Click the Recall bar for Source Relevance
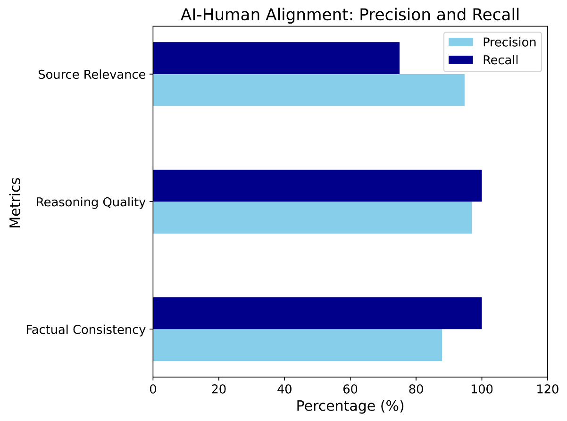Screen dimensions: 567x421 pyautogui.click(x=276, y=58)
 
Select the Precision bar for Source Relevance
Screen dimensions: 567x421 pyautogui.click(x=309, y=90)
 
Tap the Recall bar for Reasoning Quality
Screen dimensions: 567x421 pyautogui.click(x=317, y=185)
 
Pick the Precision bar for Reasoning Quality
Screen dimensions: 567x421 pyautogui.click(x=312, y=218)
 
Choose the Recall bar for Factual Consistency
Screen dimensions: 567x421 pyautogui.click(x=317, y=313)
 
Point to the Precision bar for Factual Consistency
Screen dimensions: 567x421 pyautogui.click(x=298, y=345)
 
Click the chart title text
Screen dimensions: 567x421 pyautogui.click(x=350, y=15)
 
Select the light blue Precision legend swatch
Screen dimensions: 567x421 pyautogui.click(x=461, y=42)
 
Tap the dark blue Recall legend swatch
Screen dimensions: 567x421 pyautogui.click(x=461, y=60)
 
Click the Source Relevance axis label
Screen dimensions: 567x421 pyautogui.click(x=92, y=75)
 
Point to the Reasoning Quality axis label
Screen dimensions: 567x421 pyautogui.click(x=91, y=202)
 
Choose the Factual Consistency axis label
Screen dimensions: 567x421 pyautogui.click(x=86, y=330)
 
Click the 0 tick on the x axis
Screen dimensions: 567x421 pyautogui.click(x=153, y=389)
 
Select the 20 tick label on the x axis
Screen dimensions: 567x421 pyautogui.click(x=219, y=389)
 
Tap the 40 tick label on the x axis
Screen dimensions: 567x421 pyautogui.click(x=284, y=389)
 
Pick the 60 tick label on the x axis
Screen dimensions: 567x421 pyautogui.click(x=350, y=389)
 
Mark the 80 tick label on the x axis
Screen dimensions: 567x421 pyautogui.click(x=416, y=389)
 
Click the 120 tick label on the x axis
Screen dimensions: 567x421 pyautogui.click(x=548, y=389)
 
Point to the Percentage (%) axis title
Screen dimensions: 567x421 pyautogui.click(x=350, y=406)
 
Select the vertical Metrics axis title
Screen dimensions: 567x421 pyautogui.click(x=15, y=202)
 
